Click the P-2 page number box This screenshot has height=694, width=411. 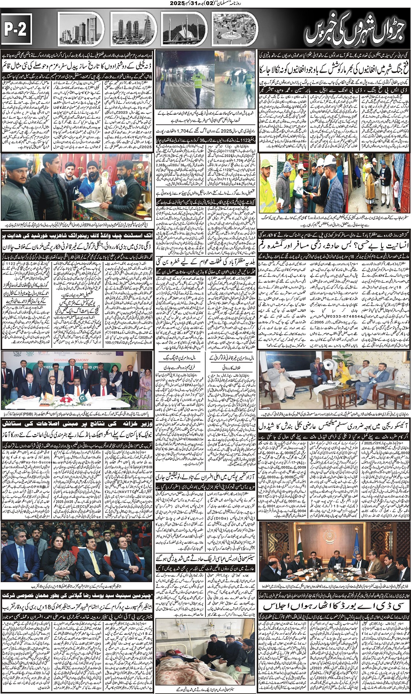pos(17,29)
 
